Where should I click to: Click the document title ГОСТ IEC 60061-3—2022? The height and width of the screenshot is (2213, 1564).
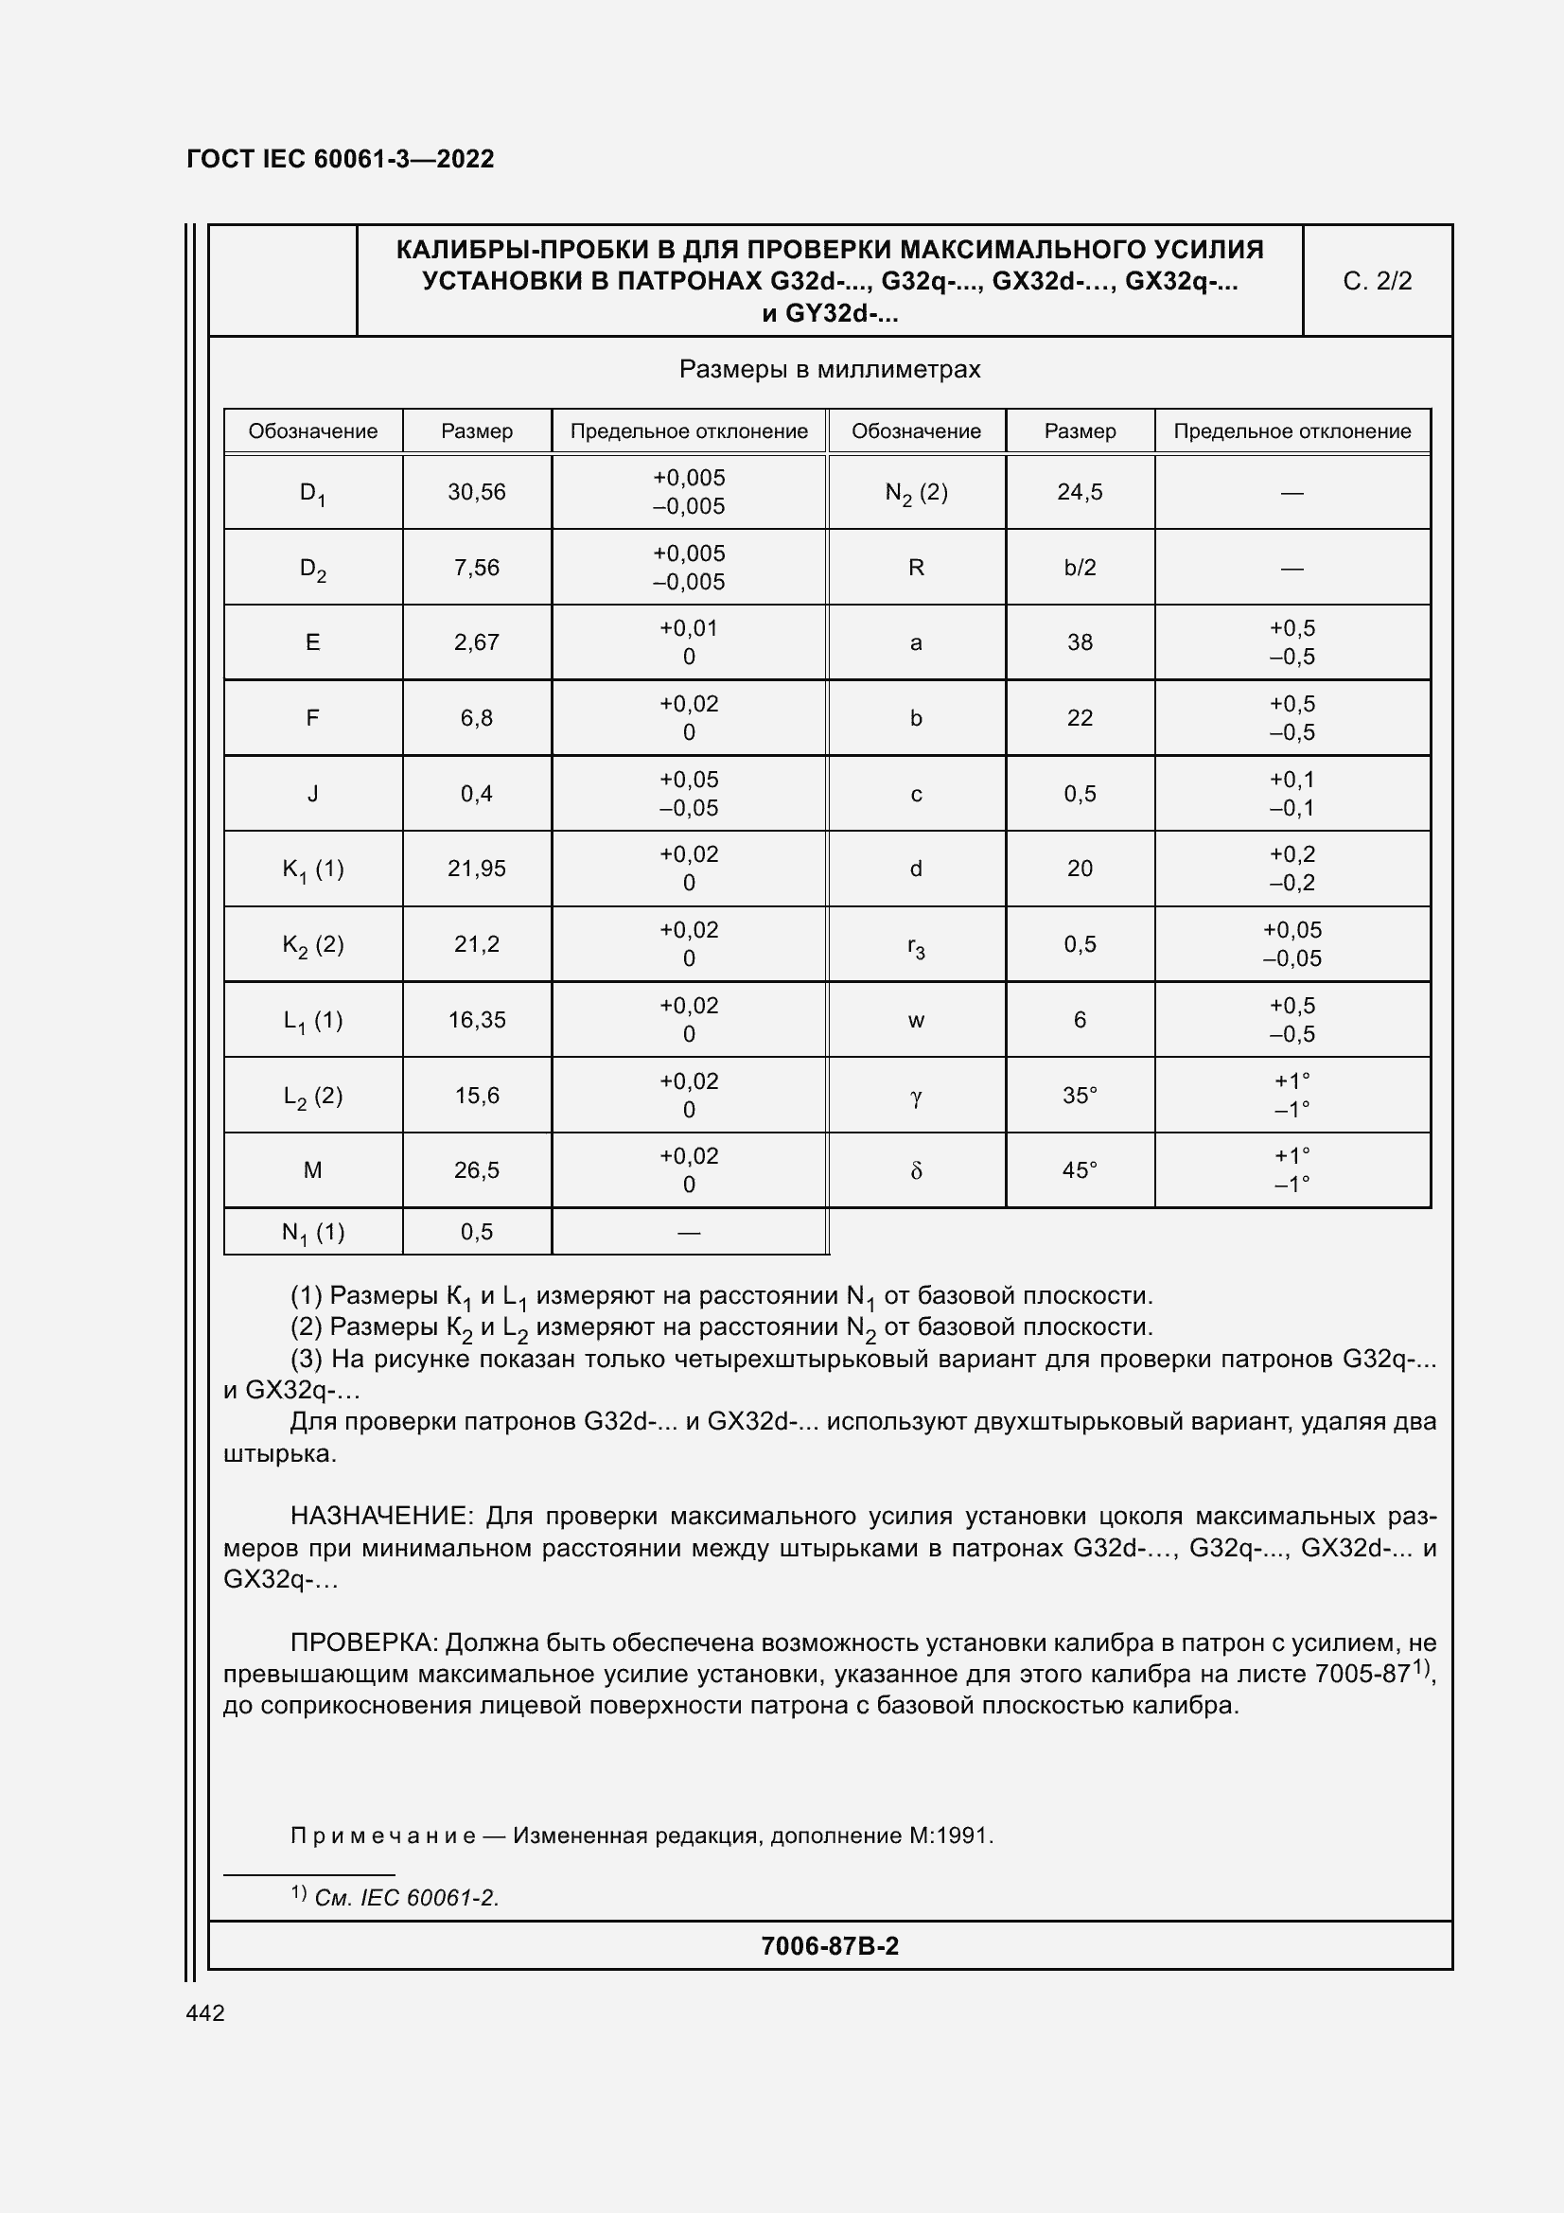pos(341,159)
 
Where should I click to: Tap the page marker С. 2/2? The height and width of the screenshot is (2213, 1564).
pos(1376,281)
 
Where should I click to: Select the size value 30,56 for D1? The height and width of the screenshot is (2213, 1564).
pos(476,493)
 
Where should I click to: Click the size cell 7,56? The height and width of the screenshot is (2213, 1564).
pos(476,568)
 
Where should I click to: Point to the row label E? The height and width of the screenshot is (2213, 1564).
pos(312,642)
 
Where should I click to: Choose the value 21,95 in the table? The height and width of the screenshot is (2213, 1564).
pos(476,869)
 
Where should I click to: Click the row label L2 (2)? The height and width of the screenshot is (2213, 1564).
pos(312,1096)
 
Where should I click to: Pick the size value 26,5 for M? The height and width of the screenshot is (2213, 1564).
pos(476,1171)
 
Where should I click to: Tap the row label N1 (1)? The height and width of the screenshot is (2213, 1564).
pos(312,1233)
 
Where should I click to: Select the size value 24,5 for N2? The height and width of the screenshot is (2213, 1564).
pos(1080,493)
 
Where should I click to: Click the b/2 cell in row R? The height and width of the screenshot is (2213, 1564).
pos(1080,568)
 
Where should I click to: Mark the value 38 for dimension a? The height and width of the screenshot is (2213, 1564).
pos(1080,642)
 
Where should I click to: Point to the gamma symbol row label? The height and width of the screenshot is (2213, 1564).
pos(916,1097)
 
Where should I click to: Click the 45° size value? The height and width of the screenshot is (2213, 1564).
pos(1080,1171)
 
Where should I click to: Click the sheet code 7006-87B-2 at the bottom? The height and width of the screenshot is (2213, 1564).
pos(829,1946)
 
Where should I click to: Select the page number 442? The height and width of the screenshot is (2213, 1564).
pos(205,2013)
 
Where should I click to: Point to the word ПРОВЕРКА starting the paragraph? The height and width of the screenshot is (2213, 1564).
pos(364,1642)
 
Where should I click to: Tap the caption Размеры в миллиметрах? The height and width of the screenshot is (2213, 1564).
pos(829,370)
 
